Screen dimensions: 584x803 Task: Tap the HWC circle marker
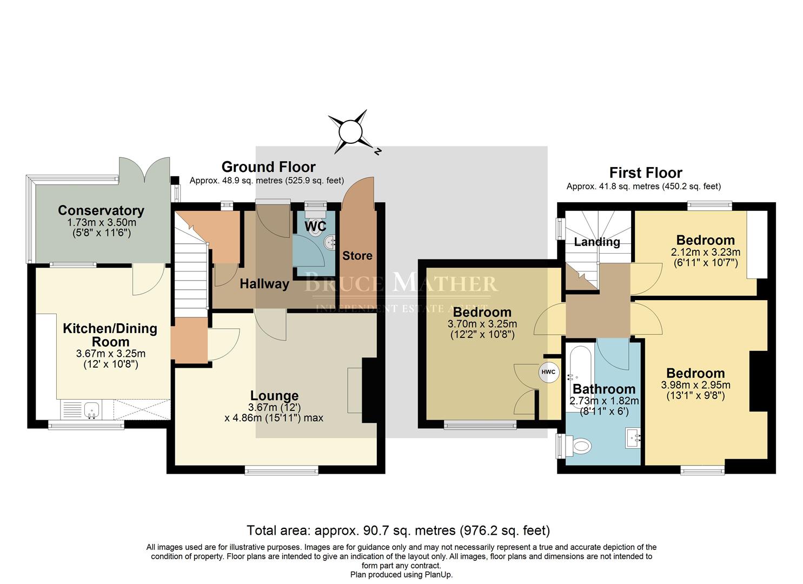click(x=548, y=372)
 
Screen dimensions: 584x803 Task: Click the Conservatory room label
click(x=101, y=210)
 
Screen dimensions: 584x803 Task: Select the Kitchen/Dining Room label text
click(x=110, y=335)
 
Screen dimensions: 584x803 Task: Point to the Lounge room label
click(x=274, y=396)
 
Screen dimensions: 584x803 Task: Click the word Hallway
click(x=264, y=284)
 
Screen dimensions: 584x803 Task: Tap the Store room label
click(x=357, y=255)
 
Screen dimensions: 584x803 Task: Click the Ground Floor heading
click(x=268, y=167)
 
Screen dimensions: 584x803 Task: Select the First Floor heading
click(x=646, y=172)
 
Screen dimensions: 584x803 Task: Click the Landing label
click(x=597, y=242)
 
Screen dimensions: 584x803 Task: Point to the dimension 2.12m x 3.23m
click(x=705, y=252)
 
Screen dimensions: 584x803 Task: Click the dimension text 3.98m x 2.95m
click(x=695, y=385)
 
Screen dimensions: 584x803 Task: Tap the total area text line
click(x=398, y=530)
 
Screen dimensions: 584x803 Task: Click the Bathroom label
click(x=604, y=389)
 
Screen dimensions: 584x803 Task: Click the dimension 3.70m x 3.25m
click(x=482, y=324)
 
